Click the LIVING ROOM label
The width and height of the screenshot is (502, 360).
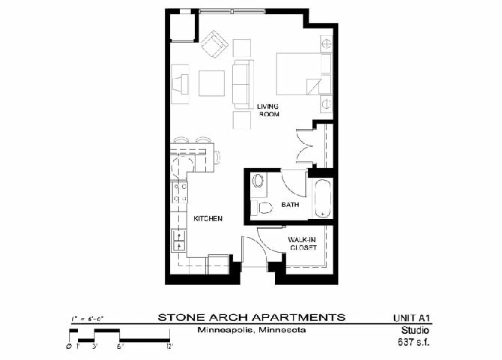(267, 110)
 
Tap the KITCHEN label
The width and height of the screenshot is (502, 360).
(208, 218)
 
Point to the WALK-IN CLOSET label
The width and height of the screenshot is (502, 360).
(303, 243)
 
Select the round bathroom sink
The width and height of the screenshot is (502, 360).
(259, 181)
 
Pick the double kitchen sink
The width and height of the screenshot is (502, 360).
(180, 240)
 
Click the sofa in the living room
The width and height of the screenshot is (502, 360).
(241, 83)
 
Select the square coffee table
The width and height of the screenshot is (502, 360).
(211, 82)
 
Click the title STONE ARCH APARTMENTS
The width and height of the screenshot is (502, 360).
(252, 316)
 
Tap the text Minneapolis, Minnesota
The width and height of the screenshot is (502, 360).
(252, 330)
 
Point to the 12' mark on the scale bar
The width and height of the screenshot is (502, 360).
(169, 346)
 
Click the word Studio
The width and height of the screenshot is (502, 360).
(416, 330)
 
